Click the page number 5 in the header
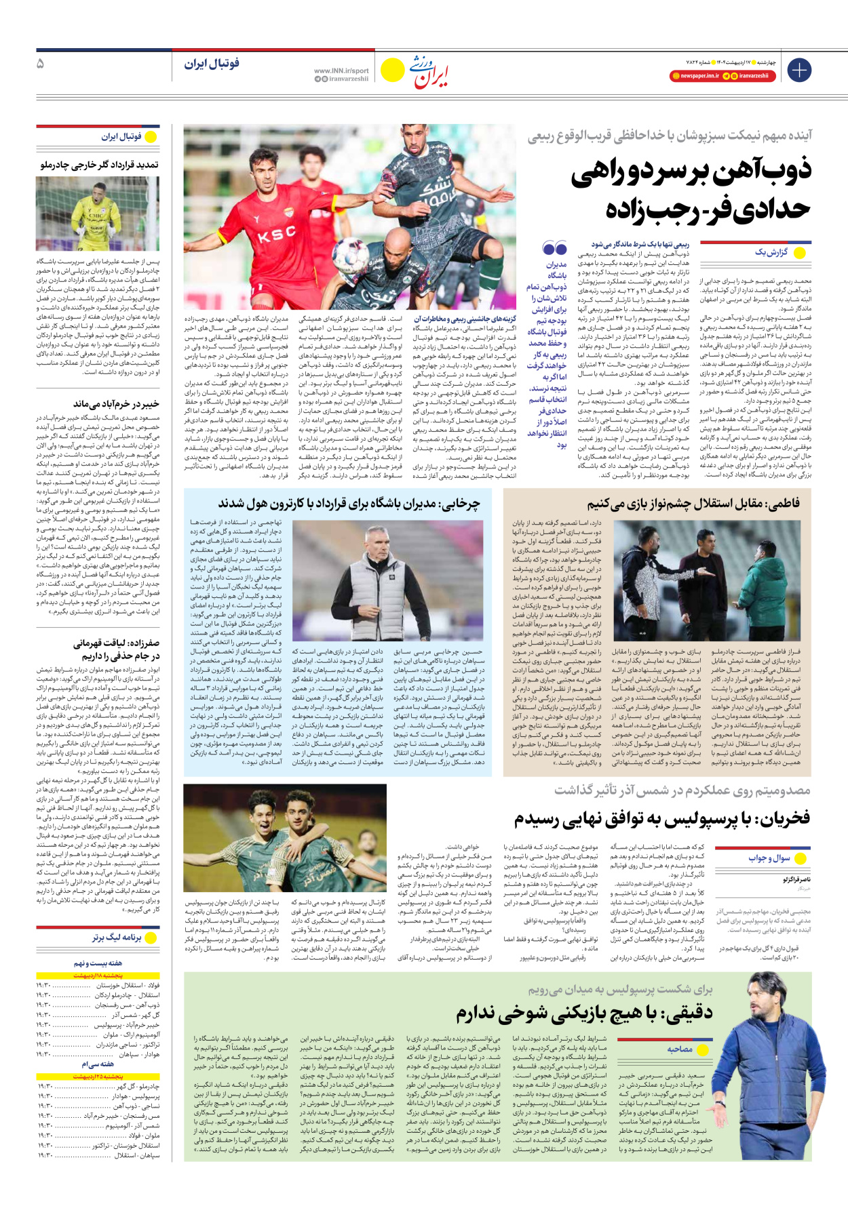pyautogui.click(x=40, y=64)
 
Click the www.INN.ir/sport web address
pyautogui.click(x=341, y=70)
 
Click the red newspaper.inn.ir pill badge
pyautogui.click(x=695, y=76)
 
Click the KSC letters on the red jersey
pyautogui.click(x=276, y=235)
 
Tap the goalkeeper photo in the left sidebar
pyautogui.click(x=98, y=213)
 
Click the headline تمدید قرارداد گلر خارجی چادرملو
pyautogui.click(x=99, y=165)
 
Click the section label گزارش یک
pyautogui.click(x=771, y=252)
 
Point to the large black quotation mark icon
pyautogui.click(x=554, y=249)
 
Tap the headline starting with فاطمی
pyautogui.click(x=693, y=503)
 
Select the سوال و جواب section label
pyautogui.click(x=769, y=858)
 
